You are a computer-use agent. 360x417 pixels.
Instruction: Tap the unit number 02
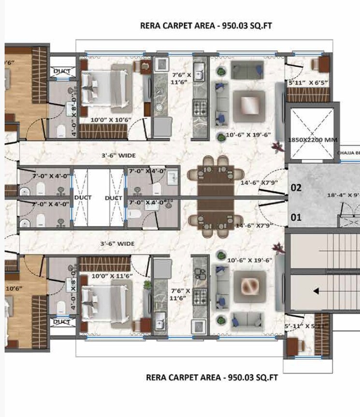tap(296, 188)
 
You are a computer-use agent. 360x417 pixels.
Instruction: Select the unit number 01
tap(296, 217)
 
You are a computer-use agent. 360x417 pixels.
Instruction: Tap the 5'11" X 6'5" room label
tap(308, 83)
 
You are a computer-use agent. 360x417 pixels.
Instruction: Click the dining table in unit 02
tap(216, 177)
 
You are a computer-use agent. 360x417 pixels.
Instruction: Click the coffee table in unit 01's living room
tap(250, 286)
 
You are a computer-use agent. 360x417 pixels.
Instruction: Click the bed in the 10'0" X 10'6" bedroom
tap(107, 88)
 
